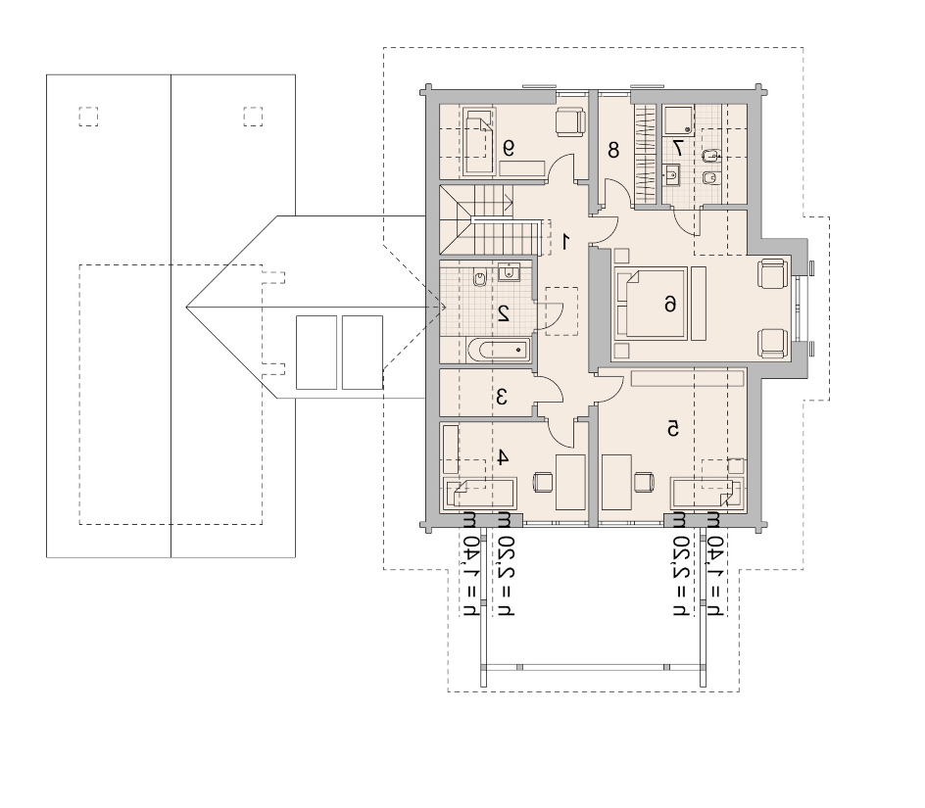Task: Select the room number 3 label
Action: (x=502, y=397)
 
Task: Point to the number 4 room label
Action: (x=502, y=456)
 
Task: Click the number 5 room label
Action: (x=672, y=429)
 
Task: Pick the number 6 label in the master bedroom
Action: (x=670, y=304)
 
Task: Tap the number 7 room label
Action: (x=677, y=148)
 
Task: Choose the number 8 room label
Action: (x=613, y=151)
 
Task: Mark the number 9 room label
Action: (x=508, y=148)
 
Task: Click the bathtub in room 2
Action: (x=499, y=351)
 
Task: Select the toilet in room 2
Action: (x=481, y=277)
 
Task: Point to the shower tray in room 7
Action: (x=678, y=119)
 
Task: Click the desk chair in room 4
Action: (x=543, y=482)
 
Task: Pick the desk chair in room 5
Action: (x=644, y=482)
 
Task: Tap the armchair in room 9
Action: (x=570, y=122)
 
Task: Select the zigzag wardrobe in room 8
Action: (x=645, y=155)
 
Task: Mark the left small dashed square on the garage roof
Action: (x=88, y=117)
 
